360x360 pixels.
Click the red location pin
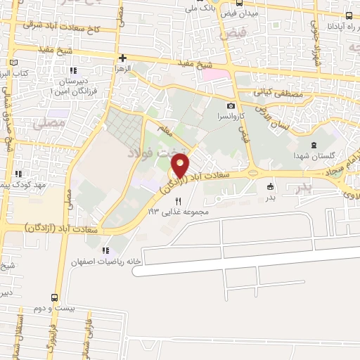coord(180,167)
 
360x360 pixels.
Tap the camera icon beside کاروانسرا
coord(230,105)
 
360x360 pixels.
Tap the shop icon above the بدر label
coord(271,187)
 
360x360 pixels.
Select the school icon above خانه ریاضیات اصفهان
coord(105,250)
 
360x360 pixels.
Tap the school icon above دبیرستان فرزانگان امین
coord(72,70)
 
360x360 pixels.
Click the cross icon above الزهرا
coord(122,58)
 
